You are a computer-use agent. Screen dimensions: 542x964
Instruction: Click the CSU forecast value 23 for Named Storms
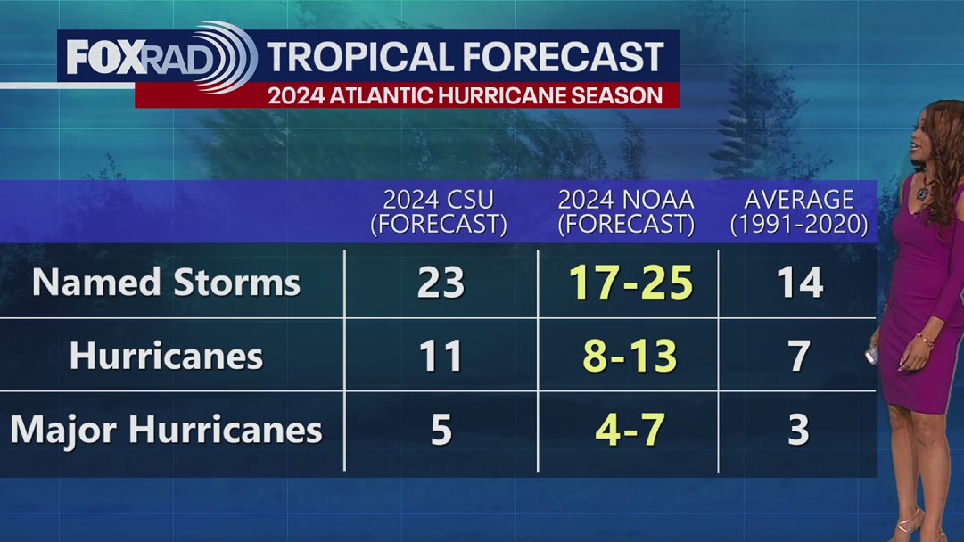click(441, 283)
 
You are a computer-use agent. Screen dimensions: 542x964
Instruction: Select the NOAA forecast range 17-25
click(630, 283)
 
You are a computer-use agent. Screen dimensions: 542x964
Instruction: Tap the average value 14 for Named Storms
click(798, 283)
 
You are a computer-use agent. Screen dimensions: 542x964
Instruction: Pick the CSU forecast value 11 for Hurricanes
click(441, 357)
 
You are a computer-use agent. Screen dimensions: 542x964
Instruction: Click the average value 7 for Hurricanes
click(798, 357)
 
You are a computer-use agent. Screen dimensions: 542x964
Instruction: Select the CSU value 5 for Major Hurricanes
click(441, 430)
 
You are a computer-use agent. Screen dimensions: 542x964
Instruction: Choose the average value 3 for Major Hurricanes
click(798, 430)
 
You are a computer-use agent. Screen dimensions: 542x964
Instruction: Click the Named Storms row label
click(166, 283)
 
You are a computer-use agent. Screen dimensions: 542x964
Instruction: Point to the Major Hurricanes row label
click(166, 430)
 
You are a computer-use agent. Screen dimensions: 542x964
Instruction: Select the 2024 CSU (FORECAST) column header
click(439, 211)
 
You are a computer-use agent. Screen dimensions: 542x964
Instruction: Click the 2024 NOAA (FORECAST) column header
click(626, 211)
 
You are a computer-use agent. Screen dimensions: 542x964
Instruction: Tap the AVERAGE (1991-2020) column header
click(798, 211)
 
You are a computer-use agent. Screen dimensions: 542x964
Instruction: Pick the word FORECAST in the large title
click(564, 57)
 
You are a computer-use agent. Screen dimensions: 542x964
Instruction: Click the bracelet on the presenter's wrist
click(924, 340)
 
